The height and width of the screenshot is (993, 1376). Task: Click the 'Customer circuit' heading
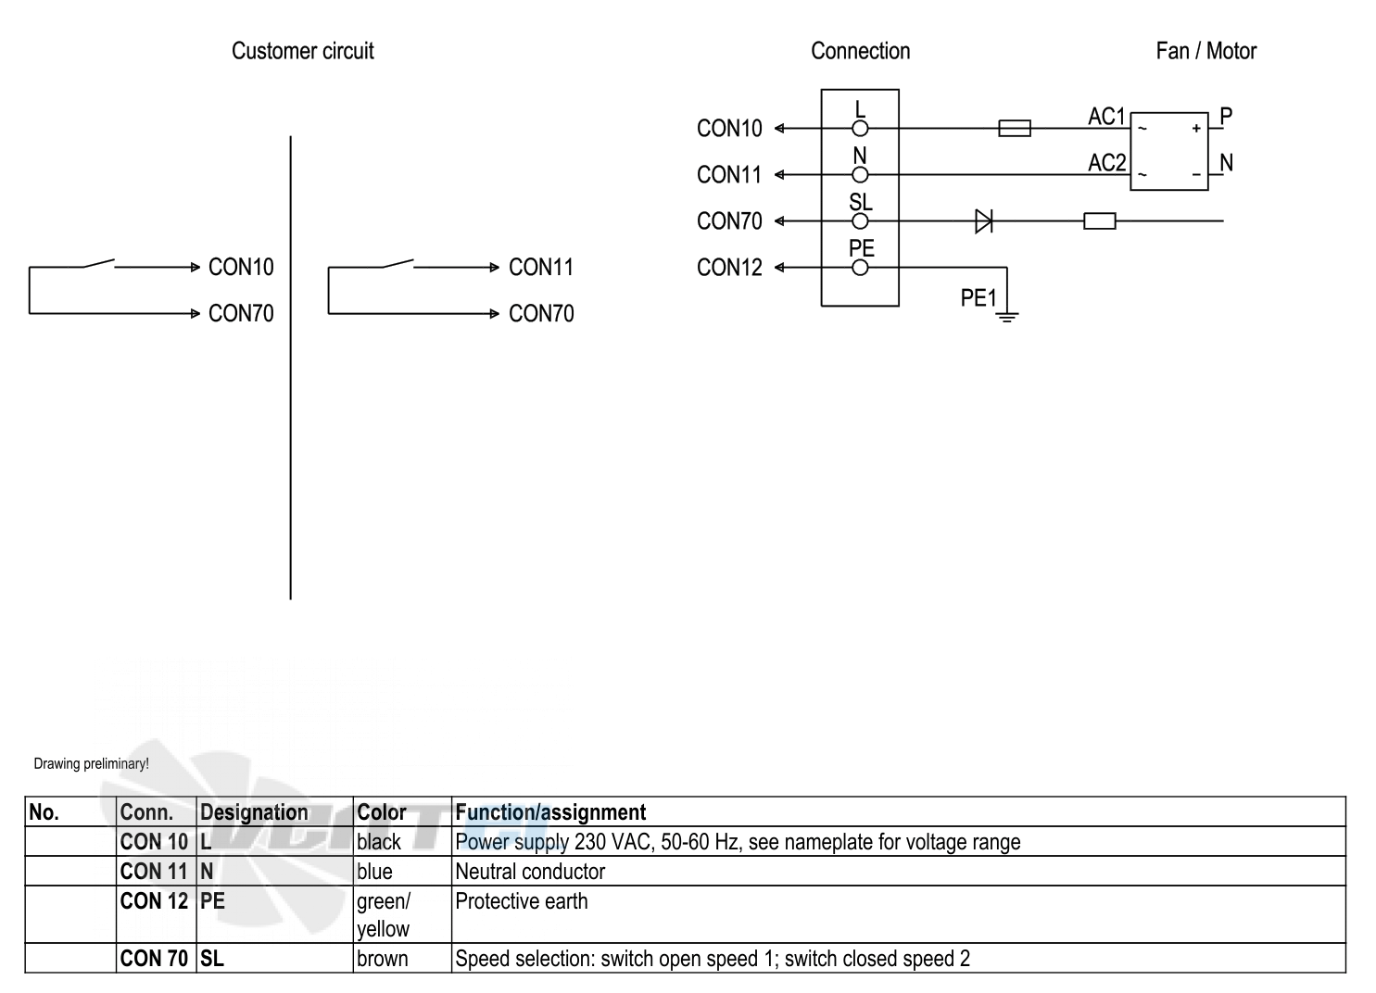(x=302, y=51)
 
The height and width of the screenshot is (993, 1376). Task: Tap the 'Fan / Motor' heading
(x=1206, y=51)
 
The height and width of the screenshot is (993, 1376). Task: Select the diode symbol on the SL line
(x=983, y=221)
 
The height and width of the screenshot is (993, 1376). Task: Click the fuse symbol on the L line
(x=1015, y=129)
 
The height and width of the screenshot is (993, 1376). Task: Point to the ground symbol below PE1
(x=1007, y=317)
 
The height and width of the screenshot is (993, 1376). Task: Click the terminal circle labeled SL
(x=860, y=221)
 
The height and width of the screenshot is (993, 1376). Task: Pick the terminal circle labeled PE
(x=860, y=268)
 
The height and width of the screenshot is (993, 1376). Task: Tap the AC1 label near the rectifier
(x=1106, y=116)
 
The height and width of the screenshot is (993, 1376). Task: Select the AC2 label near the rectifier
(x=1107, y=163)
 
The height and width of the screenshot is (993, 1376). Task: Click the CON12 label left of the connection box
(x=729, y=268)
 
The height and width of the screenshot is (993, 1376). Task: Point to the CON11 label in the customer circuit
(x=540, y=267)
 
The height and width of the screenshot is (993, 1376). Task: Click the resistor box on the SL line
(x=1100, y=221)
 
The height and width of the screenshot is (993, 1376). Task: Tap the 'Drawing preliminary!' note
(x=91, y=763)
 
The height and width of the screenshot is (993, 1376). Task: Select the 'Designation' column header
(x=254, y=811)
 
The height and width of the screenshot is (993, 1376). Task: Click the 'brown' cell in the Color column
(x=382, y=958)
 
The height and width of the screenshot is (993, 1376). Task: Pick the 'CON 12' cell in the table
(x=154, y=901)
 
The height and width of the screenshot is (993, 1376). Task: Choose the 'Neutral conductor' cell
(x=529, y=872)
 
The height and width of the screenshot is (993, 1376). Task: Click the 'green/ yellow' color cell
(x=384, y=915)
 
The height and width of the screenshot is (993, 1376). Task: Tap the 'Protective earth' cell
(x=521, y=901)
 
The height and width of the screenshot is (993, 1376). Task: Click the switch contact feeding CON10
(x=99, y=263)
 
